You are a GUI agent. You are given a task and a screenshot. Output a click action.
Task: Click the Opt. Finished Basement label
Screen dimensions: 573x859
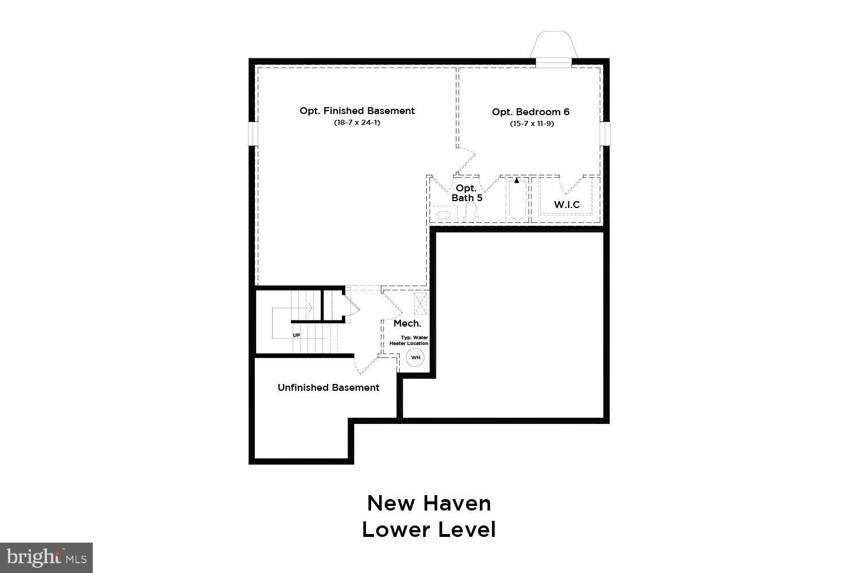(x=357, y=111)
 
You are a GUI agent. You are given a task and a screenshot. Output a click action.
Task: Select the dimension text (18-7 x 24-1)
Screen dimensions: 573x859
(x=357, y=123)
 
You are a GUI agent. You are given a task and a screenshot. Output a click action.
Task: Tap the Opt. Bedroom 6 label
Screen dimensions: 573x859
(x=531, y=112)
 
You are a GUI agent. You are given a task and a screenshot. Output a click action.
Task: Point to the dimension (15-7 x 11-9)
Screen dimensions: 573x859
(x=531, y=124)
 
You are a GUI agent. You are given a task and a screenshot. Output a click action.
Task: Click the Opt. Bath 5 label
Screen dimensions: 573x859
(x=467, y=193)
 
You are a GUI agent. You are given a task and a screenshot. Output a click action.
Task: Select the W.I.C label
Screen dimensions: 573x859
(x=566, y=205)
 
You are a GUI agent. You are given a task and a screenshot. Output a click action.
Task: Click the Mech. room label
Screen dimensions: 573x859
(x=407, y=324)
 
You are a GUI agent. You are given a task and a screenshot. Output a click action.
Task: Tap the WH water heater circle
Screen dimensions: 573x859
(x=416, y=358)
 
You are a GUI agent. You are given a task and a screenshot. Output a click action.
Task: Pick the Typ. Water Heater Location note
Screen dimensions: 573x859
(x=413, y=340)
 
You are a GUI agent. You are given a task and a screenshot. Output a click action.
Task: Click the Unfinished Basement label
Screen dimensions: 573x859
(x=328, y=388)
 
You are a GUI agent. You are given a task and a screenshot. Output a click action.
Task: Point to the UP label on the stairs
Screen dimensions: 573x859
(x=296, y=335)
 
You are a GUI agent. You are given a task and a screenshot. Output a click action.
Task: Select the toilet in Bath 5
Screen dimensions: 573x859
(x=472, y=213)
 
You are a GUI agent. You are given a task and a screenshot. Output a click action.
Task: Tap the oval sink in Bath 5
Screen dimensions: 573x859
(x=444, y=215)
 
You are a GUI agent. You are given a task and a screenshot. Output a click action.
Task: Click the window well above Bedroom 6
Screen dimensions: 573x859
(x=553, y=46)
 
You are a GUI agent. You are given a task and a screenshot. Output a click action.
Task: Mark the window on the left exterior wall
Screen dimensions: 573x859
(x=252, y=134)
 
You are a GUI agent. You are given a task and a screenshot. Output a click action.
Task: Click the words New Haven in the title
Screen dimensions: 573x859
(x=429, y=503)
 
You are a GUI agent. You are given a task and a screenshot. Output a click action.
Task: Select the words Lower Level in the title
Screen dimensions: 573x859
(x=429, y=529)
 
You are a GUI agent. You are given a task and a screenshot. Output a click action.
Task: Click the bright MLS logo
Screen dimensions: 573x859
(x=46, y=557)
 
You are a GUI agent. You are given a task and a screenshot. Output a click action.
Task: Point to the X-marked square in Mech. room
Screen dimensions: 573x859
(x=420, y=304)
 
